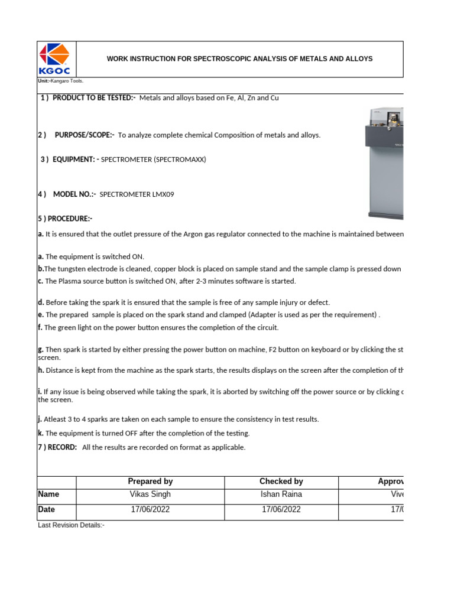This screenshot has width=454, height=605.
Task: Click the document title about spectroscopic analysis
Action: click(x=239, y=59)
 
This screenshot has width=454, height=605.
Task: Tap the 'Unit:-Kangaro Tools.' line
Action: click(x=60, y=81)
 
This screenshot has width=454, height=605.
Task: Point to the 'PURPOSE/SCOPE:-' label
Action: click(x=85, y=135)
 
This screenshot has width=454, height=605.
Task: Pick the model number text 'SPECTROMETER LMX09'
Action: click(x=137, y=194)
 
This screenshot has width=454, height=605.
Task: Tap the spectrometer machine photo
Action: click(x=385, y=162)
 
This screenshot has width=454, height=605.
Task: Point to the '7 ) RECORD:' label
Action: click(x=58, y=447)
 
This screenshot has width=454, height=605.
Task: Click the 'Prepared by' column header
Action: click(x=150, y=482)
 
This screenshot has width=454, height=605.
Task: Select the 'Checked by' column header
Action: click(x=281, y=482)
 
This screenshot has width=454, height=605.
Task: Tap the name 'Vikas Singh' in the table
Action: click(x=150, y=495)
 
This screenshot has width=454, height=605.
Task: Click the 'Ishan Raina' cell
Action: click(x=281, y=495)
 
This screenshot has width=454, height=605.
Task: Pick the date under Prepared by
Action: click(x=150, y=510)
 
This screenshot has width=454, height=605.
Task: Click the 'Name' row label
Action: click(x=48, y=495)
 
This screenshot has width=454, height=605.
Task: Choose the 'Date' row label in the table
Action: click(x=47, y=510)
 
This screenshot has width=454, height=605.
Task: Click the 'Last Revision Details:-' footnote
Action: click(x=72, y=525)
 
